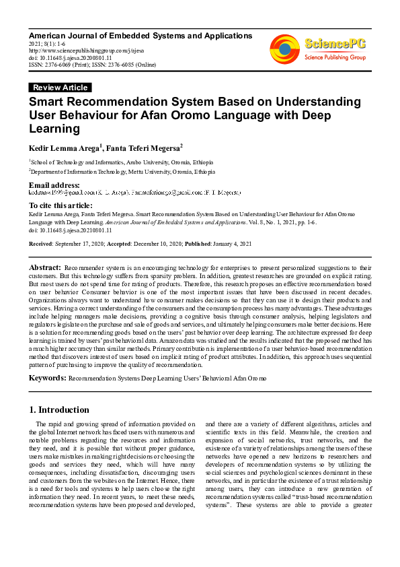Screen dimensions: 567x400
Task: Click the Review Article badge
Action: coord(60,88)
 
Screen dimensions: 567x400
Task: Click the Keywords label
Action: coord(46,378)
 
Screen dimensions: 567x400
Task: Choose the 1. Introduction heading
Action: coord(60,409)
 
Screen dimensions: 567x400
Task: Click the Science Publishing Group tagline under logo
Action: coord(335,58)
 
